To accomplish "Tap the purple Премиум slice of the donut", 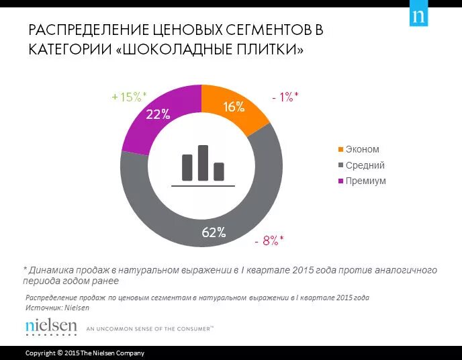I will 151,121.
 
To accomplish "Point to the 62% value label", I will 214,233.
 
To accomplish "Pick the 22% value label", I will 157,114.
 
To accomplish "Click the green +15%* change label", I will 129,97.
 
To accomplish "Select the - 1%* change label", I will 285,97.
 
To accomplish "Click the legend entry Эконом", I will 362,149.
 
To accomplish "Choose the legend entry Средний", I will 365,165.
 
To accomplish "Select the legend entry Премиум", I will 365,181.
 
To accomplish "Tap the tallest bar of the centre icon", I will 203,163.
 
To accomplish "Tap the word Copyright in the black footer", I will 40,353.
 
